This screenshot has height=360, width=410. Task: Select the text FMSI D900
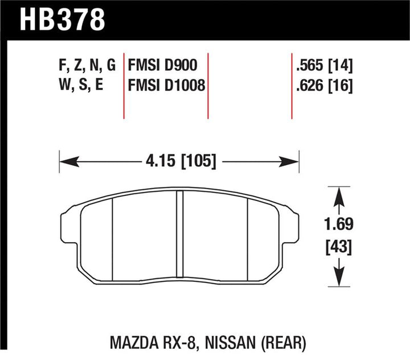pos(163,66)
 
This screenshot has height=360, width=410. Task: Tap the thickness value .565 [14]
pos(322,66)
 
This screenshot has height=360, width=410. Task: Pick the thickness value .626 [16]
pos(322,86)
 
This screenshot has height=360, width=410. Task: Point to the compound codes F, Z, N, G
pos(87,66)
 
